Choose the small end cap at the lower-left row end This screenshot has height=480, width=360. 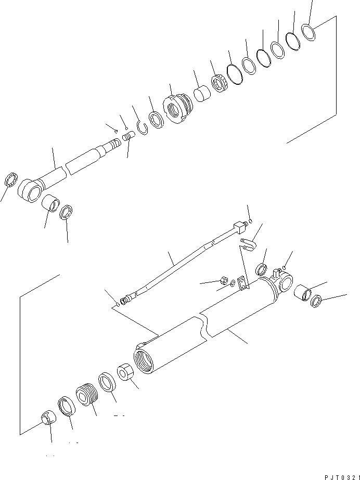point(47,418)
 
